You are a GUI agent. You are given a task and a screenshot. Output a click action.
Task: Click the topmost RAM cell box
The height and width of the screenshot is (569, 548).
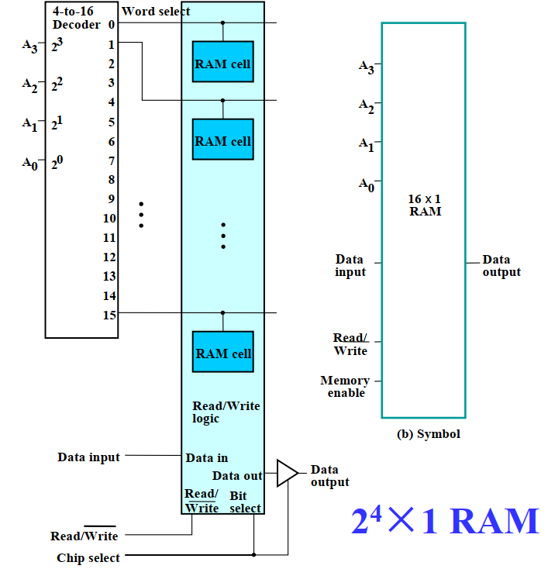tap(222, 62)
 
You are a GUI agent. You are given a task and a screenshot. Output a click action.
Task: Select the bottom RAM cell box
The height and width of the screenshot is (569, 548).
tap(222, 353)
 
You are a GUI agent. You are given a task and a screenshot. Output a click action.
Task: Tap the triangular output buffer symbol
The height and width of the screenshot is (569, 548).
tap(286, 473)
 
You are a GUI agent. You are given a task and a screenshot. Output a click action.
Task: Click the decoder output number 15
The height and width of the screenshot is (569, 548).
tap(109, 315)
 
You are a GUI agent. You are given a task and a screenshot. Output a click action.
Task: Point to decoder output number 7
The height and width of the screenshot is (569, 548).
tap(112, 160)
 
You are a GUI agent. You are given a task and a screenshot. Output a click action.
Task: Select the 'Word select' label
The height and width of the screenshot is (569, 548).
tap(156, 12)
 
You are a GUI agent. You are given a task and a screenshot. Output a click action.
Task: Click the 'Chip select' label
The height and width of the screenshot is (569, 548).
tap(88, 558)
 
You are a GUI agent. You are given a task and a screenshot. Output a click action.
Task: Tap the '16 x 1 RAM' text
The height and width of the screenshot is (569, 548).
tap(425, 205)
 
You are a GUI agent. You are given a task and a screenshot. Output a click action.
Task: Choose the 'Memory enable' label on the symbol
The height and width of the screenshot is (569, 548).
tap(345, 386)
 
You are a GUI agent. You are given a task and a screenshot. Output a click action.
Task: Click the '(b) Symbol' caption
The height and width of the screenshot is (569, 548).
tap(428, 434)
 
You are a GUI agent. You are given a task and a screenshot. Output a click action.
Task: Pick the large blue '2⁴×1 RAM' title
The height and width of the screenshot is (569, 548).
tap(444, 521)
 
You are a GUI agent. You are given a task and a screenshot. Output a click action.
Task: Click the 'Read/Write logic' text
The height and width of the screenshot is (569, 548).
tap(226, 412)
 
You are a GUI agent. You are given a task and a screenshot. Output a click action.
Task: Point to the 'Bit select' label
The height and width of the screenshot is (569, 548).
tap(246, 502)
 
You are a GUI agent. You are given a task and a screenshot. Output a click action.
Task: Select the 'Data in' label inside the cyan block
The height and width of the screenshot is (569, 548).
tap(207, 458)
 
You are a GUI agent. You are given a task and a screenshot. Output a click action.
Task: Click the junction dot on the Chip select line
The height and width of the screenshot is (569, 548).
tap(254, 554)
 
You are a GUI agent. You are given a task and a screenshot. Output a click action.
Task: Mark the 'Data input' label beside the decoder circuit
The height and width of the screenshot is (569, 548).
tap(88, 457)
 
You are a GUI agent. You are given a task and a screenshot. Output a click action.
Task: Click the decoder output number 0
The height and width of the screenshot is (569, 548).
tap(112, 24)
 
